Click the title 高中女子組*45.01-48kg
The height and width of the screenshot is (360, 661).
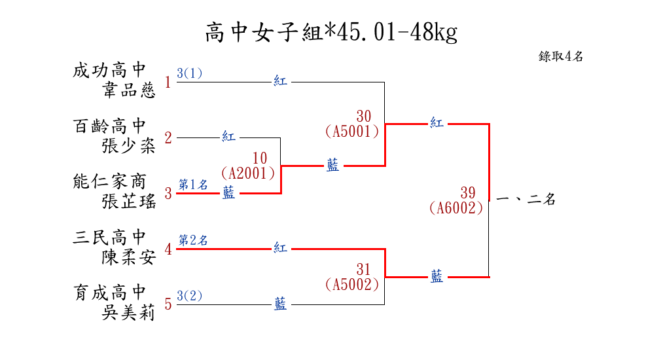click(x=330, y=32)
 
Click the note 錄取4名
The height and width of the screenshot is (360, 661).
click(x=561, y=56)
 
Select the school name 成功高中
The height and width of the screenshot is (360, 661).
click(x=109, y=70)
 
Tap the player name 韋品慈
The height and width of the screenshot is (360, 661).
click(x=129, y=90)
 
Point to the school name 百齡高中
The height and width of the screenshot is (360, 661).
click(x=109, y=126)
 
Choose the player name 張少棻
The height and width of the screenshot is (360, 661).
click(x=129, y=145)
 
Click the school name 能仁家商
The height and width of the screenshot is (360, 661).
click(x=109, y=181)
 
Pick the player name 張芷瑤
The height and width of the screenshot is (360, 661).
click(x=129, y=202)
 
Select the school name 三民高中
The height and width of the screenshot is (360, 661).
click(x=109, y=237)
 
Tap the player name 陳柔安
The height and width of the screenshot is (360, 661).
click(x=129, y=257)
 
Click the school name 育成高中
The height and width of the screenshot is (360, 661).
click(x=109, y=293)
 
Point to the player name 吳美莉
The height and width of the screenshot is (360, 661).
click(x=129, y=313)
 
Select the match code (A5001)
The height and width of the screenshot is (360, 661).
click(x=352, y=132)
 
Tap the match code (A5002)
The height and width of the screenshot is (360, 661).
click(x=352, y=285)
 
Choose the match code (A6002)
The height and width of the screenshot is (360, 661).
click(x=456, y=208)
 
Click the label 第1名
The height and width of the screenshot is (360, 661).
click(x=193, y=185)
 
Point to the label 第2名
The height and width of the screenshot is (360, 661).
click(x=193, y=240)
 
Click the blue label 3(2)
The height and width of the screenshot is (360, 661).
click(x=190, y=296)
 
